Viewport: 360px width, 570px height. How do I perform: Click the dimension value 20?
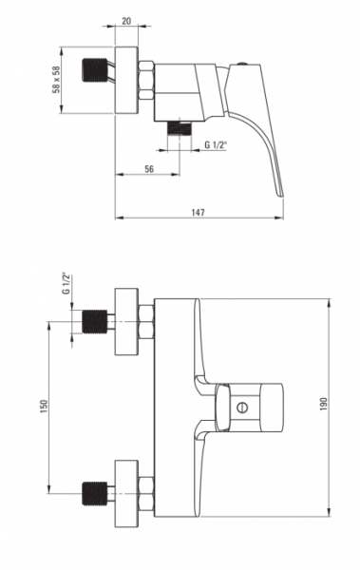coord(126,21)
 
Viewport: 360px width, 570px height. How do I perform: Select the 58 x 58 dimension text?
coord(57,80)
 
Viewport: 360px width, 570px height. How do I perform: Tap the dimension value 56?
coord(149,169)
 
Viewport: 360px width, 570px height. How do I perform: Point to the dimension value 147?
coord(199,212)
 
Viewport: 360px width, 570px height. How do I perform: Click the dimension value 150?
coord(44,407)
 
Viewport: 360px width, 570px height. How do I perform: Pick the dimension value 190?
coord(323,404)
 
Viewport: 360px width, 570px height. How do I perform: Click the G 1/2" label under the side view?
coord(216,144)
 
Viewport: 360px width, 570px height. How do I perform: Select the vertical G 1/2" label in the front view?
coord(66,283)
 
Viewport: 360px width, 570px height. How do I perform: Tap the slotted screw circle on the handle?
coord(242,408)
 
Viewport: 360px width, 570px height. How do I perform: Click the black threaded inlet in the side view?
coord(95,70)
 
